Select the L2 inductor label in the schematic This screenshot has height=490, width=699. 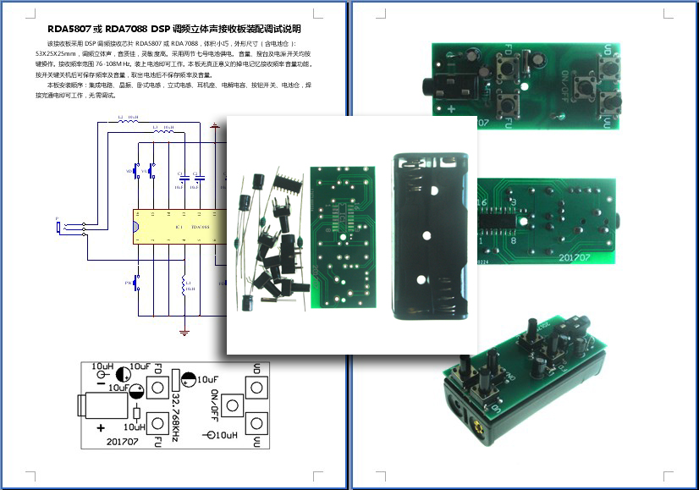click(121, 117)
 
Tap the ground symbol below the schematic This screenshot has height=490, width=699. click(184, 331)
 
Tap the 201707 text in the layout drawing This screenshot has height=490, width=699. click(124, 441)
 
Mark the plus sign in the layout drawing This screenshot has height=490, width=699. click(101, 428)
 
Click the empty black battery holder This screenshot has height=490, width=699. click(430, 237)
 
